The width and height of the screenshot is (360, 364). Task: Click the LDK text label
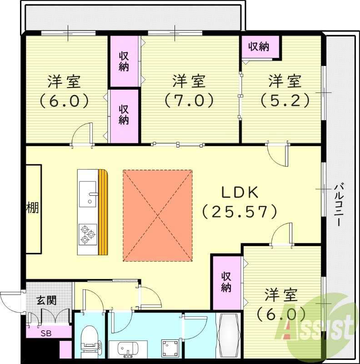240,192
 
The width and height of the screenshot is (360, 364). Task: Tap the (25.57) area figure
240,210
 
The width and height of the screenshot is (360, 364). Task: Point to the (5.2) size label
285,99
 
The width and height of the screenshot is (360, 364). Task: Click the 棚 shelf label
32,208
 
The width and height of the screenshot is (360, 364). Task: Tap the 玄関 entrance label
46,300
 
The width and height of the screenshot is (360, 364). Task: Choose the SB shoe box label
46,333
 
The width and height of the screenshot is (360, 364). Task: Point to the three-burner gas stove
87,234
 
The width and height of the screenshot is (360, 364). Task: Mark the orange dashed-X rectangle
158,216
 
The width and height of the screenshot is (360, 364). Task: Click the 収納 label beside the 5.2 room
259,46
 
